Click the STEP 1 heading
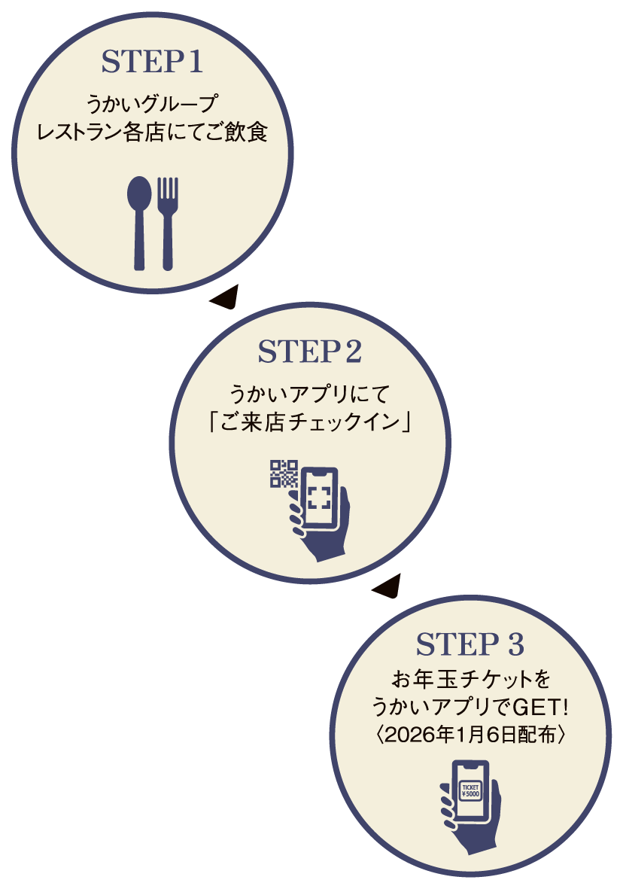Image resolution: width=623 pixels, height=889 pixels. (152, 63)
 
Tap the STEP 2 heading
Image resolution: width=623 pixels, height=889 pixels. (310, 352)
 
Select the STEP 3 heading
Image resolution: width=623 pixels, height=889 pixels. (470, 645)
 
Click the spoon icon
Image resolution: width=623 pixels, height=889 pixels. (139, 222)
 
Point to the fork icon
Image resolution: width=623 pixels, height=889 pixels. (168, 222)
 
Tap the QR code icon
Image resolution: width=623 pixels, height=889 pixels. (284, 473)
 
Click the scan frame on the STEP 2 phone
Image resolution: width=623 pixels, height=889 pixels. (319, 497)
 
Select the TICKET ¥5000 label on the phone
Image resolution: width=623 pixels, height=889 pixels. (470, 790)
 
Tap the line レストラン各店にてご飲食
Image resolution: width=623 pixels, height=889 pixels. (152, 133)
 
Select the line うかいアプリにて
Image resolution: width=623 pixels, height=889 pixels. (310, 392)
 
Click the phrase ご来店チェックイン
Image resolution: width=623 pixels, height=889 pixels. (310, 422)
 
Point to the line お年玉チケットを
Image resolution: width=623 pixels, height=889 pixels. (470, 680)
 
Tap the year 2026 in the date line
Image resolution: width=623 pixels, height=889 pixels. (406, 735)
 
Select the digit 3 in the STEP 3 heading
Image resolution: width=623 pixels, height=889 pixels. (514, 645)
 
